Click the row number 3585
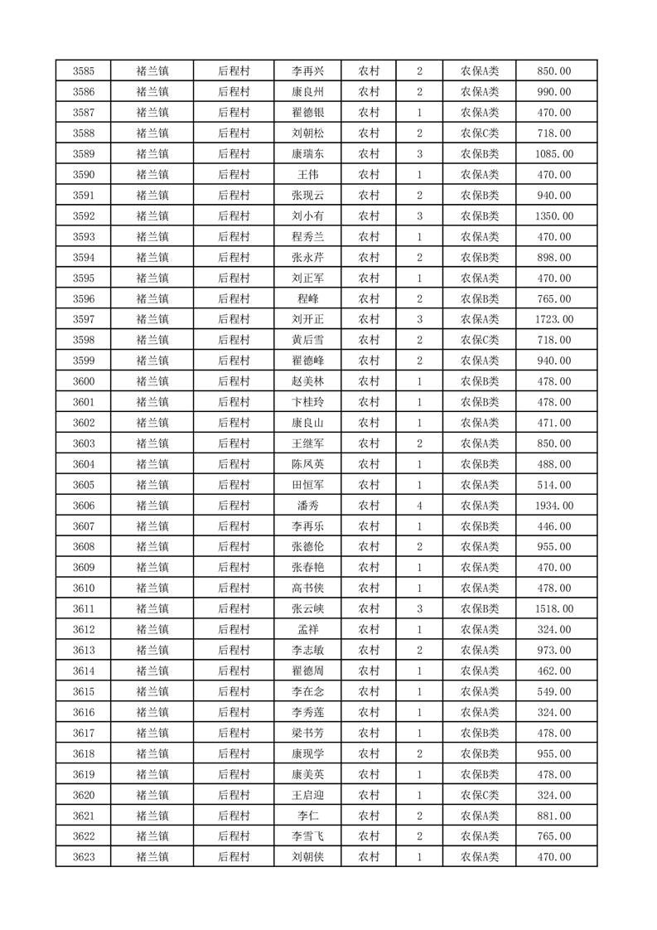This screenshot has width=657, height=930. pyautogui.click(x=83, y=71)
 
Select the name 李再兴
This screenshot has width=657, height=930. pyautogui.click(x=307, y=71)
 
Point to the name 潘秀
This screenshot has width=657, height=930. pyautogui.click(x=307, y=506)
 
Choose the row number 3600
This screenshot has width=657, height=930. pyautogui.click(x=83, y=381)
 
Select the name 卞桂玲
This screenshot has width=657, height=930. pyautogui.click(x=307, y=402)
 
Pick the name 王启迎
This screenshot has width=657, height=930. pyautogui.click(x=307, y=795)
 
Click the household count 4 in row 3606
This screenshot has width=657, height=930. pyautogui.click(x=420, y=506)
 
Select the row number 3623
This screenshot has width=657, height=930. pyautogui.click(x=83, y=857)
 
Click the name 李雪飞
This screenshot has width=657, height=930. pyautogui.click(x=307, y=836)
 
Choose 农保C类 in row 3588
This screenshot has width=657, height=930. pyautogui.click(x=480, y=133)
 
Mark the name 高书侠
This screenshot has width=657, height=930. pyautogui.click(x=307, y=589)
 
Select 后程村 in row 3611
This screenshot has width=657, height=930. pyautogui.click(x=234, y=609)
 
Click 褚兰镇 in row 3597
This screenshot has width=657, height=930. pyautogui.click(x=152, y=319)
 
